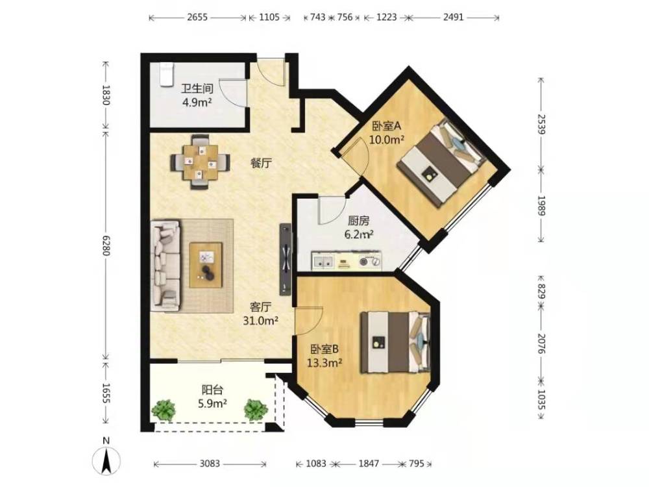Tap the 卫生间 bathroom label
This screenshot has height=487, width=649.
point(197,88)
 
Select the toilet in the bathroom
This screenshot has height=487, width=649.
point(166,75)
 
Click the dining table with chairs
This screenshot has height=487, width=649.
point(201,162)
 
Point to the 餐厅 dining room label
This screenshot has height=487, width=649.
point(261,163)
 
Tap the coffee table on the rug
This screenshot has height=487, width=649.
point(206,265)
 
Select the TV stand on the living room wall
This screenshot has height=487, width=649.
point(286,259)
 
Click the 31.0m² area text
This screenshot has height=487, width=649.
point(260,321)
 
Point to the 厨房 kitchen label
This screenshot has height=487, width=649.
point(358,221)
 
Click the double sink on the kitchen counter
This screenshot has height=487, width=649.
point(323,262)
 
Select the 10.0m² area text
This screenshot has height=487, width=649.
point(387,140)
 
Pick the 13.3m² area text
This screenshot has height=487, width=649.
point(324,363)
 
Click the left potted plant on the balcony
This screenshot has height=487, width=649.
point(164,410)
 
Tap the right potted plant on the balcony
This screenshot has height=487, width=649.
point(256,410)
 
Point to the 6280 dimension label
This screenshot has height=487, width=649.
point(106,245)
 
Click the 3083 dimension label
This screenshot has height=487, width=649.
point(210,464)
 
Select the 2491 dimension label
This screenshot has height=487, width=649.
point(453,18)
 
